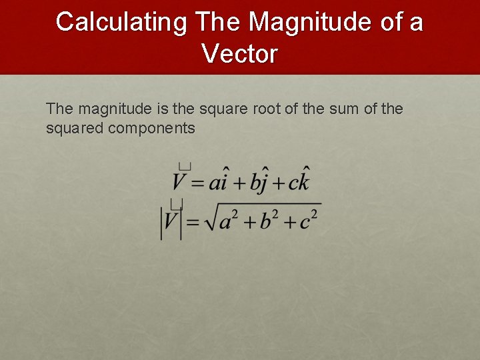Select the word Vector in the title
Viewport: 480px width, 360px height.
coord(239,53)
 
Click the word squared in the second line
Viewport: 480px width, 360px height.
coord(74,127)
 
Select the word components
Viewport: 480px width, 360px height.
coord(151,127)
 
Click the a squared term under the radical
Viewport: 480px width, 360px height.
coord(229,219)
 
